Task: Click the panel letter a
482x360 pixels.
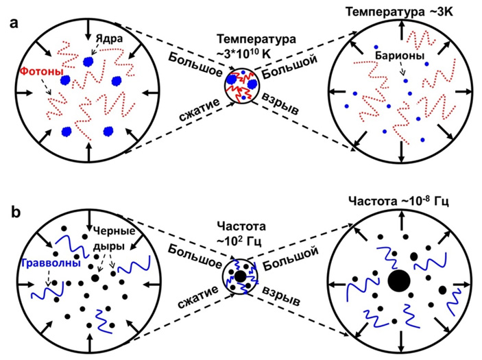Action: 12,23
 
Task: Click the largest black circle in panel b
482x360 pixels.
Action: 400,281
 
